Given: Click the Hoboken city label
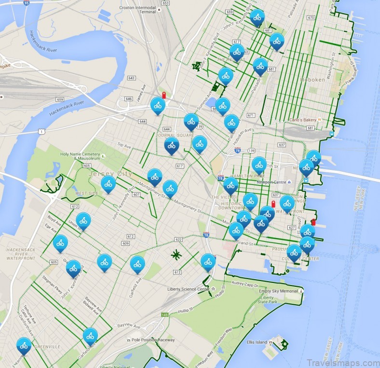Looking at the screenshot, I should (x=312, y=80).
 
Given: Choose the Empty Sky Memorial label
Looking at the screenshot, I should (x=278, y=291).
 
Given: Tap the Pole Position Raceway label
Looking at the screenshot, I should (x=151, y=340).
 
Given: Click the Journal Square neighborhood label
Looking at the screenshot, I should (x=167, y=135).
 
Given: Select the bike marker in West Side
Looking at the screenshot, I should (x=108, y=184).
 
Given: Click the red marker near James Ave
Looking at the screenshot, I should (x=164, y=95).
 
